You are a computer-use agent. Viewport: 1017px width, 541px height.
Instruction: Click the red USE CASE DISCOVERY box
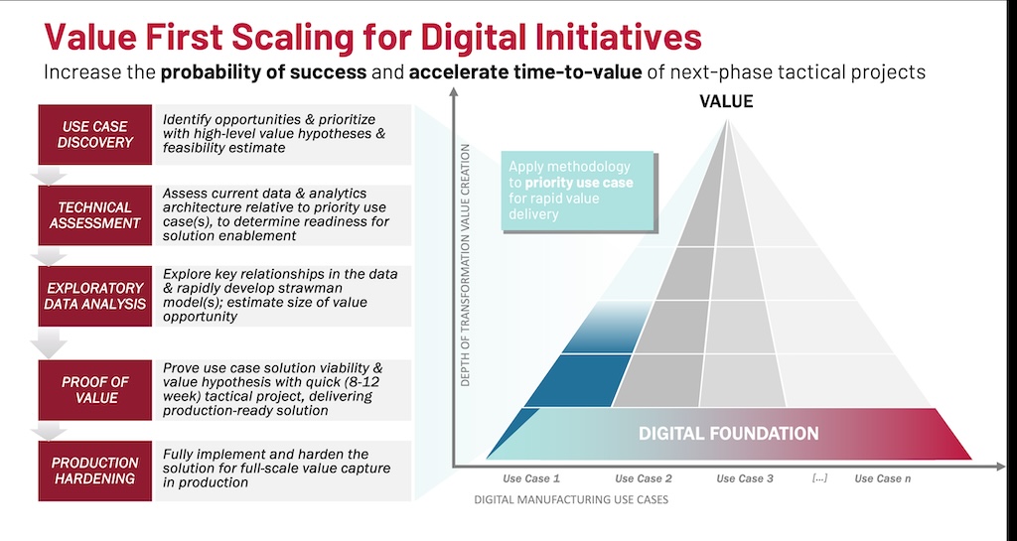coord(94,134)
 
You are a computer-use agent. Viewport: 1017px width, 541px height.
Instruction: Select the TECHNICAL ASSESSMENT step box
coord(94,215)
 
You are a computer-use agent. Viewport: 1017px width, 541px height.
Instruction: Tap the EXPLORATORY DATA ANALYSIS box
coord(94,296)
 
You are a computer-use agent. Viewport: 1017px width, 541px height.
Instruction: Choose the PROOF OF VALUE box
coord(94,390)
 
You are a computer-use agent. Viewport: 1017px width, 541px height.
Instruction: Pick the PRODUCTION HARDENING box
coord(94,472)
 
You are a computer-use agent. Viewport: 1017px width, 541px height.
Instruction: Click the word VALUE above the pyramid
coord(726,101)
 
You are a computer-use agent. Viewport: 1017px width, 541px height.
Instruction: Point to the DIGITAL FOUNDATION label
coord(728,434)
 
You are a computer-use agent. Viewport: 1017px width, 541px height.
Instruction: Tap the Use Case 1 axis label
coord(531,478)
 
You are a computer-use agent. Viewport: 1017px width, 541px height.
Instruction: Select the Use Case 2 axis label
coord(644,478)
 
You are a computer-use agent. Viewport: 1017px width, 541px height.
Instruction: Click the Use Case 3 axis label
coord(745,478)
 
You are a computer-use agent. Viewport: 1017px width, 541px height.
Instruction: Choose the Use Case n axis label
coord(883,478)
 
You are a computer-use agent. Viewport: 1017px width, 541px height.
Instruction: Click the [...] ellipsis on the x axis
coord(819,478)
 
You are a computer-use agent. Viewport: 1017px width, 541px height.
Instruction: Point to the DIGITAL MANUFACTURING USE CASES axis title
coord(571,499)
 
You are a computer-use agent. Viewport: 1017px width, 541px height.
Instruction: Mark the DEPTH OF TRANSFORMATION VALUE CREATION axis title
coord(465,265)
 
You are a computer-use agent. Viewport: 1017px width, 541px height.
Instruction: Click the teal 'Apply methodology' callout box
coord(577,191)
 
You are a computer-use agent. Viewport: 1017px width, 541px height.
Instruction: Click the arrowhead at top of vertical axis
coord(453,92)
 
